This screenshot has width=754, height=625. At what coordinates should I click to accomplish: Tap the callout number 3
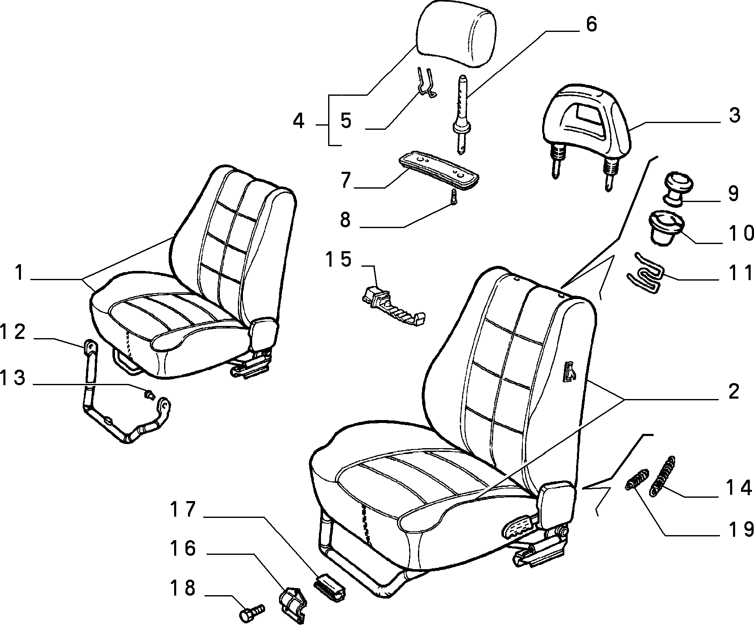click(734, 115)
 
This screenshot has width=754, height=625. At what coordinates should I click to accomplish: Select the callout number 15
click(339, 260)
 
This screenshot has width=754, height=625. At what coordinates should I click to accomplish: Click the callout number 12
click(13, 332)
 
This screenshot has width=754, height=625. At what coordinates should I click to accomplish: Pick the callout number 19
click(740, 530)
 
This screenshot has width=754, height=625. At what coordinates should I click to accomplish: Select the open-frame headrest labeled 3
click(587, 126)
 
